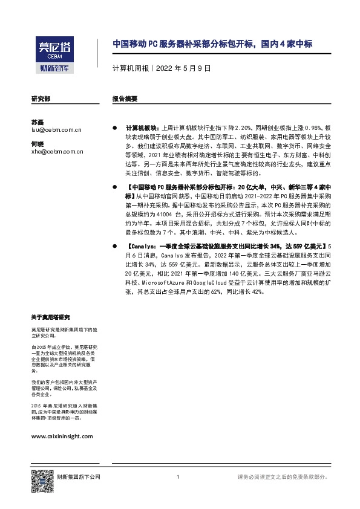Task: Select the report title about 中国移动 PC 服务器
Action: pyautogui.click(x=214, y=44)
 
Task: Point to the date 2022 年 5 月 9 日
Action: pyautogui.click(x=182, y=69)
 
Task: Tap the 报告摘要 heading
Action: pyautogui.click(x=125, y=98)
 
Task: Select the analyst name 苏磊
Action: pyautogui.click(x=38, y=122)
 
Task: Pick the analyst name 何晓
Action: pyautogui.click(x=38, y=144)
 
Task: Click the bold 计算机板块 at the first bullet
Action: pyautogui.click(x=140, y=129)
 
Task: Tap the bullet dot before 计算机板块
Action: pyautogui.click(x=115, y=129)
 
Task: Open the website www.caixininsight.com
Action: pyautogui.click(x=62, y=435)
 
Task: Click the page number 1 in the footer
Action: pyautogui.click(x=177, y=478)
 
